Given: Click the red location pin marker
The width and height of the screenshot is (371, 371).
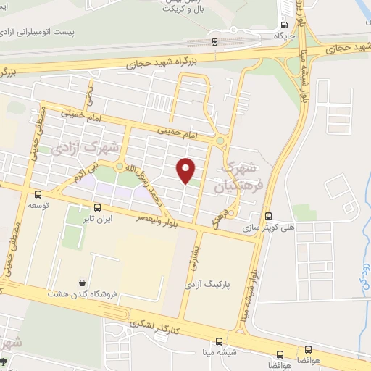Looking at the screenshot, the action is click(186, 170).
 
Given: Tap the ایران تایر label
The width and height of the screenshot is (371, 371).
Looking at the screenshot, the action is click(98, 217).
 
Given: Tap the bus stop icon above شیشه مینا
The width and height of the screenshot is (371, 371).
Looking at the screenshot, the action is click(220, 341).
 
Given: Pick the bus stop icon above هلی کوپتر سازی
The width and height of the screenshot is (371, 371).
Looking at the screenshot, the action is click(269, 215).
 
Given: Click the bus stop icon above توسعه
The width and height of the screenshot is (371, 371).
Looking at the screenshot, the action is click(38, 193).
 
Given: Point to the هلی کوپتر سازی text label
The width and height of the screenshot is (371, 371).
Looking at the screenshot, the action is click(280, 226).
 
